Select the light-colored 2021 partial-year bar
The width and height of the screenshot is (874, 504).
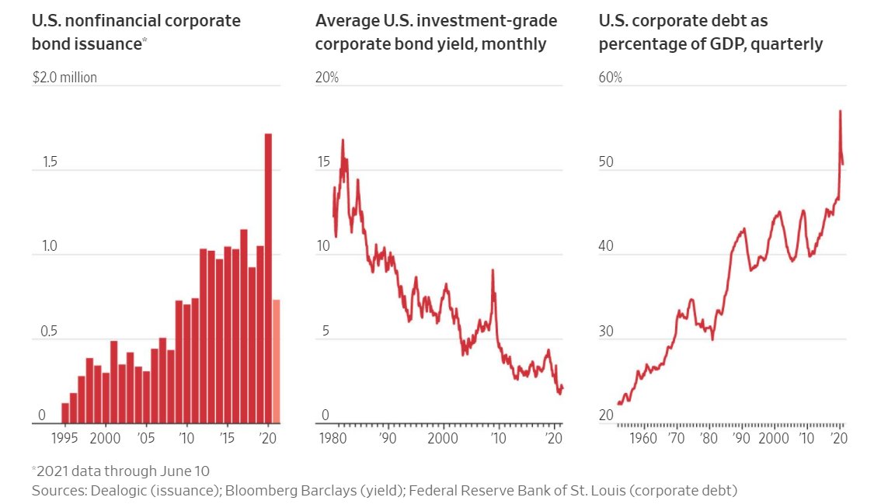point(277,361)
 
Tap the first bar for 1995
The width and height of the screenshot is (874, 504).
point(65,412)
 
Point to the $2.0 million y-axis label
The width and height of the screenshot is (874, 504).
point(64,78)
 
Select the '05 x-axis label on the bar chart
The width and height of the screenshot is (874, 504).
point(146,438)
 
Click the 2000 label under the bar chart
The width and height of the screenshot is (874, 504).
point(106,438)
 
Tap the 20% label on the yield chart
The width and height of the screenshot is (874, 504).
point(326,78)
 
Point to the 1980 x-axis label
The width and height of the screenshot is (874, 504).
point(333,438)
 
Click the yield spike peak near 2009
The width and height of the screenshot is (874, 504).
point(493,270)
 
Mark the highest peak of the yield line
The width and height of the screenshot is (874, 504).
point(343,141)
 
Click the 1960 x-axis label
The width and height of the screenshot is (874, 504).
point(643,438)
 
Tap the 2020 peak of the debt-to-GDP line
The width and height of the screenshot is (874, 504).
point(840,111)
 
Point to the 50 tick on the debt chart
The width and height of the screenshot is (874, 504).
point(606,162)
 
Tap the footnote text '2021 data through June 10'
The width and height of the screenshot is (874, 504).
point(123,471)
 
